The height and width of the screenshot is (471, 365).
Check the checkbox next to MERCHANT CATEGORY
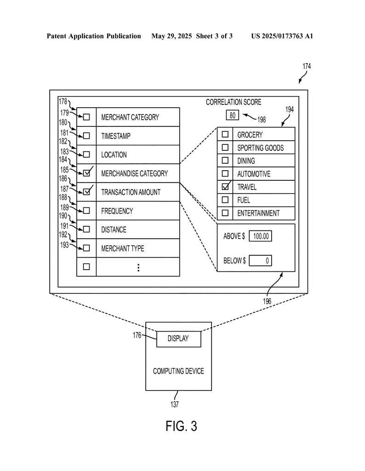[86, 117]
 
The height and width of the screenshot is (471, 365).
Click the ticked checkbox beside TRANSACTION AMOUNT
[86, 191]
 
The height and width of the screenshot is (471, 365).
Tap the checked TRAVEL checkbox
[225, 187]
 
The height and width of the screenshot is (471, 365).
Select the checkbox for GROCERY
[225, 134]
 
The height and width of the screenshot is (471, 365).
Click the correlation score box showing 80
[232, 115]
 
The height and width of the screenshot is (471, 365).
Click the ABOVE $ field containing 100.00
[261, 236]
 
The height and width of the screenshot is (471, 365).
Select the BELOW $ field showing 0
[261, 260]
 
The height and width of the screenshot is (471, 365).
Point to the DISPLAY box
[179, 339]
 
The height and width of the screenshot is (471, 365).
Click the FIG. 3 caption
[181, 426]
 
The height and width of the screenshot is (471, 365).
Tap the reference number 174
[307, 66]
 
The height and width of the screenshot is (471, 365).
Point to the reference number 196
[267, 301]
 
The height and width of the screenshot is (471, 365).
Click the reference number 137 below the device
[175, 404]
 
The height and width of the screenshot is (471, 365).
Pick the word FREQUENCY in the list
[117, 211]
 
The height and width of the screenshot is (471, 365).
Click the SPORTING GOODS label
[261, 148]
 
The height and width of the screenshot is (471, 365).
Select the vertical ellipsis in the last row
[138, 268]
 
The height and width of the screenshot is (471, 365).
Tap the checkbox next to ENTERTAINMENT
[225, 213]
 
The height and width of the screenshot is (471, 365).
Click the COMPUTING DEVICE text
[179, 371]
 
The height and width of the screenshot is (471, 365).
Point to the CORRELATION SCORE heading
[234, 102]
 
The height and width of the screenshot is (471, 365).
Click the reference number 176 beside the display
[137, 335]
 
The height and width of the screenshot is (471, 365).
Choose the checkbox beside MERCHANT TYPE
[86, 248]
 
